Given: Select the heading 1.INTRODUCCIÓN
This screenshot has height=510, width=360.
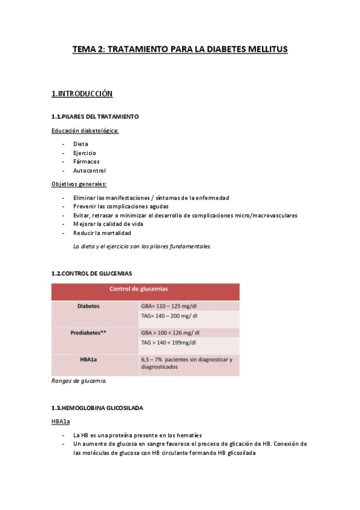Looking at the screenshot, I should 82,94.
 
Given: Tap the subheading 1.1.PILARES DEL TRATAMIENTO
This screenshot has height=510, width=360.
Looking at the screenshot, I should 96,116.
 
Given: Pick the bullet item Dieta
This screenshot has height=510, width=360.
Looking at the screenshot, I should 81,144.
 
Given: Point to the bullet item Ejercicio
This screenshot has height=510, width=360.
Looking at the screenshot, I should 85,153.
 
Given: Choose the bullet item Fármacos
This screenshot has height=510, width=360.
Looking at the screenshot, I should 86,162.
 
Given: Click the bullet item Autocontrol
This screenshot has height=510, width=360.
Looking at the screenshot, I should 90,171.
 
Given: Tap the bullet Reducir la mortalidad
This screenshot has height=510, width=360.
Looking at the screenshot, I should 102,233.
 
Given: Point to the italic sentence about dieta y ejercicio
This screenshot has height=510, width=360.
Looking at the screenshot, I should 142,246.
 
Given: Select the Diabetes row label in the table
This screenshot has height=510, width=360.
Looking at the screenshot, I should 88,306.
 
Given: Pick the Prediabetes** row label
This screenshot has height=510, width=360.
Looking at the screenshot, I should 88,333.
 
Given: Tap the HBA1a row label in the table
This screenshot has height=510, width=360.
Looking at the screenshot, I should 88,359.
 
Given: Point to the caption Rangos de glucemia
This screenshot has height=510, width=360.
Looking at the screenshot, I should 79,381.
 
